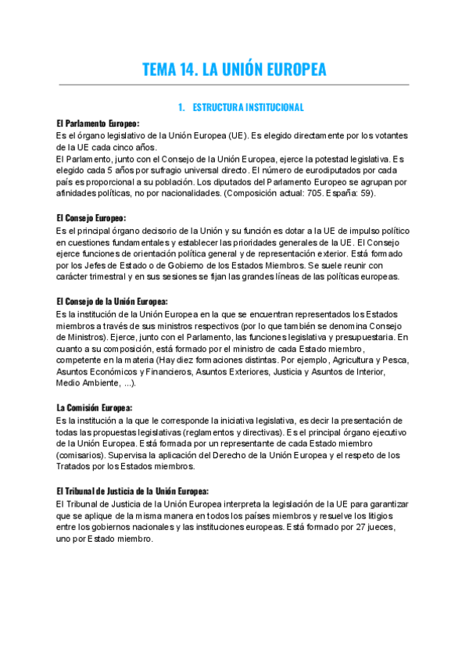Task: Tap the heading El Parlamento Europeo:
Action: pos(98,124)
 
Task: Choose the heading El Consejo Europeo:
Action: pos(91,217)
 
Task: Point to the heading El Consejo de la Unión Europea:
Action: pos(112,301)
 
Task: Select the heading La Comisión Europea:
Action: pos(95,408)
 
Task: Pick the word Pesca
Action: pos(392,360)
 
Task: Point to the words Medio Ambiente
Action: pos(88,383)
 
